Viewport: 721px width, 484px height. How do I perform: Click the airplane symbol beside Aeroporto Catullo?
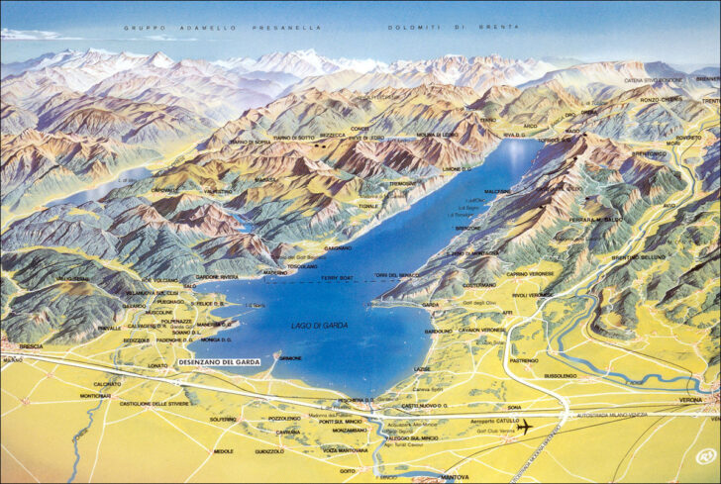click(523, 427)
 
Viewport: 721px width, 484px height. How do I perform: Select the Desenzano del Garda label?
click(219, 362)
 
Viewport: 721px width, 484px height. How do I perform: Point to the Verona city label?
click(691, 399)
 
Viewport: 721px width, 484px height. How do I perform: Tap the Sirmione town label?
click(290, 357)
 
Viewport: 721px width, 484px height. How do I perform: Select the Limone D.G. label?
click(457, 169)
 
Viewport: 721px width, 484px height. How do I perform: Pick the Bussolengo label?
click(561, 376)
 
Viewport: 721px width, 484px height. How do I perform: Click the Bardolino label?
click(438, 331)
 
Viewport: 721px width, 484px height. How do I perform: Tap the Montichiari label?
click(95, 396)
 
